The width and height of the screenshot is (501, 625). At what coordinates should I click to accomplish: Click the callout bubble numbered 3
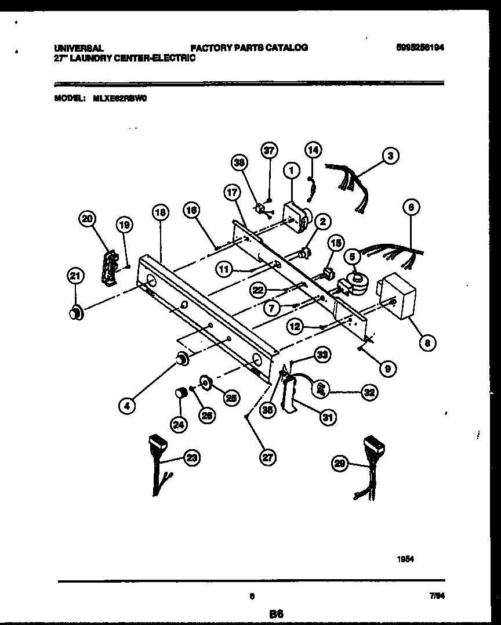(391, 156)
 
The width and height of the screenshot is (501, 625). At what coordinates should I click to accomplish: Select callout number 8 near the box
(427, 343)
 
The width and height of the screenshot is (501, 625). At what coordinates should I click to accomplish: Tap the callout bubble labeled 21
(75, 277)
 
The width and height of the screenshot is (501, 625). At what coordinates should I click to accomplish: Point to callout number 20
(87, 218)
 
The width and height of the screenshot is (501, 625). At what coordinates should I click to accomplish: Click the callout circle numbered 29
(340, 463)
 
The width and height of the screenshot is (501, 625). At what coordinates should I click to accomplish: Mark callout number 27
(267, 457)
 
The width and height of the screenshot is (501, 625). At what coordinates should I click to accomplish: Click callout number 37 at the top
(268, 151)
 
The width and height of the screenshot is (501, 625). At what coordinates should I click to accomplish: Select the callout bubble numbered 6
(411, 207)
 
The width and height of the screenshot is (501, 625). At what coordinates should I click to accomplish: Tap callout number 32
(368, 392)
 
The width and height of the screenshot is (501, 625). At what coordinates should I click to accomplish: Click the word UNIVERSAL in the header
(79, 48)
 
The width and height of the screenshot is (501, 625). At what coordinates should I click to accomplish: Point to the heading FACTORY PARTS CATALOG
(249, 48)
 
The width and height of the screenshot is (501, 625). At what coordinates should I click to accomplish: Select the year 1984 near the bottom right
(405, 560)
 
